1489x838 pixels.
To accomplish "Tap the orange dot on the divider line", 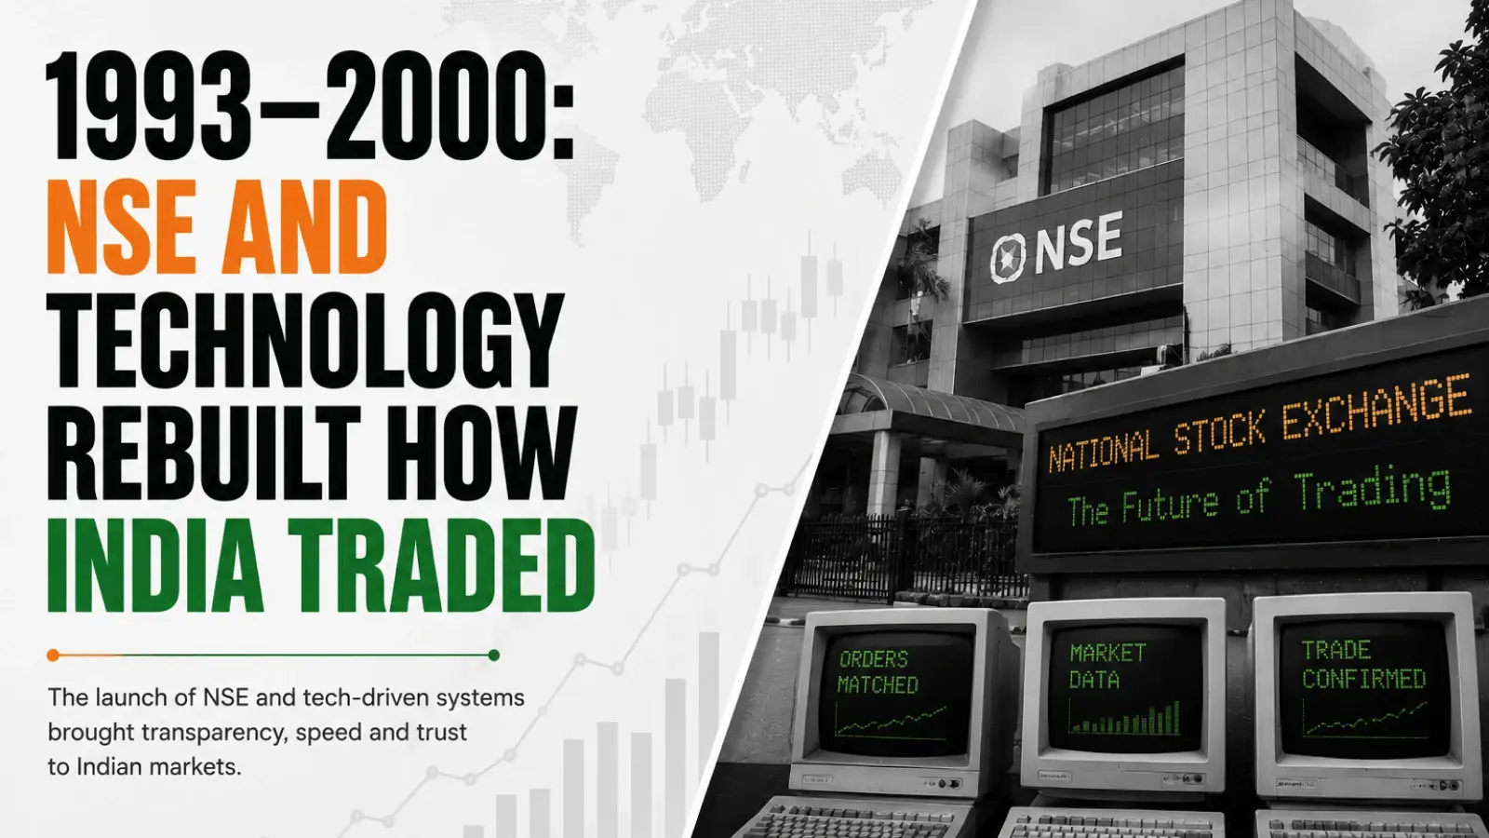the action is click(53, 656).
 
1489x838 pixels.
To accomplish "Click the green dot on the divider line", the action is click(494, 656).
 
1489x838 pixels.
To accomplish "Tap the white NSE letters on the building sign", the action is click(1079, 243).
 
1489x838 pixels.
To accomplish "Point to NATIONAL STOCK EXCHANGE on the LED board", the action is click(1257, 423).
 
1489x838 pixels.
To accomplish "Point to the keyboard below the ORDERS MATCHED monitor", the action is click(857, 819).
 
